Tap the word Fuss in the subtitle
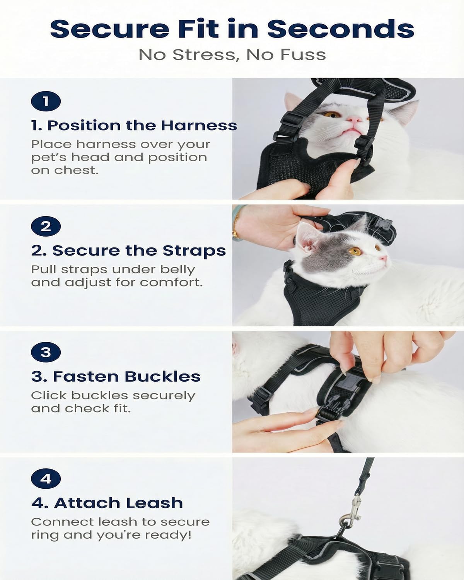pos(303,55)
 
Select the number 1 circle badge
pos(46,102)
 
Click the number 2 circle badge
pos(46,227)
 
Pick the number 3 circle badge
pos(46,352)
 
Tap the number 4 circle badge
pos(46,479)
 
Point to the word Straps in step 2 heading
pos(194,251)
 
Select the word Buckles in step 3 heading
pos(162,377)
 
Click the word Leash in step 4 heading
pos(154,503)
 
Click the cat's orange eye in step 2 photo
pos(355,251)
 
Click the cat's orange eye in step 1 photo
pos(332,114)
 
